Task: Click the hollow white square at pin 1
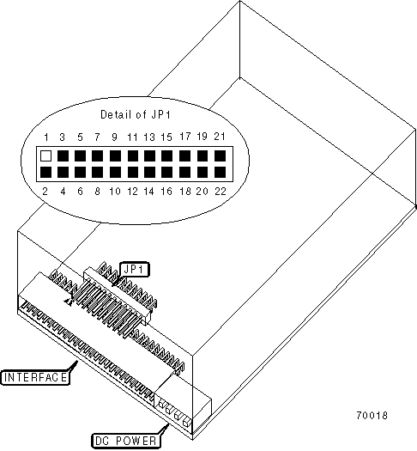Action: [x=46, y=155]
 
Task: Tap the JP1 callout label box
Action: [x=135, y=270]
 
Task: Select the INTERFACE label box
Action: [x=36, y=377]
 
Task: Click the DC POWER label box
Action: [x=126, y=441]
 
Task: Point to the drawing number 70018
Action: [x=372, y=415]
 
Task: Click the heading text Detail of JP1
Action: [x=136, y=114]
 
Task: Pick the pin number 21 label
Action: [x=220, y=136]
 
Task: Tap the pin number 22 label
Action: [x=221, y=192]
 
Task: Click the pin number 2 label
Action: [x=45, y=192]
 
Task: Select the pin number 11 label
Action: [x=132, y=137]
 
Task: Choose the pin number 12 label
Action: [x=133, y=192]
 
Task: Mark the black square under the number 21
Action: [x=220, y=155]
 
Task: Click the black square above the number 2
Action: [x=46, y=173]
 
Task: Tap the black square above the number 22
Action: [x=220, y=173]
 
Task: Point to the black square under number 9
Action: [x=115, y=155]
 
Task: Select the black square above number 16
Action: [x=166, y=173]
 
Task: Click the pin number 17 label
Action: [x=185, y=136]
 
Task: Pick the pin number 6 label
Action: [x=80, y=192]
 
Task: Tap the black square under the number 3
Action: [x=63, y=155]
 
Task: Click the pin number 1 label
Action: [x=46, y=137]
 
